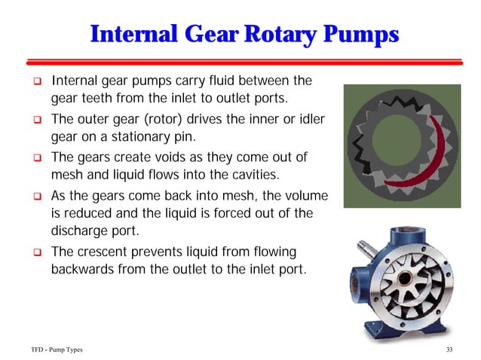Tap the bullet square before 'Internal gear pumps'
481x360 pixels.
pyautogui.click(x=35, y=81)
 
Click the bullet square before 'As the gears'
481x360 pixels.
pyautogui.click(x=35, y=195)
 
